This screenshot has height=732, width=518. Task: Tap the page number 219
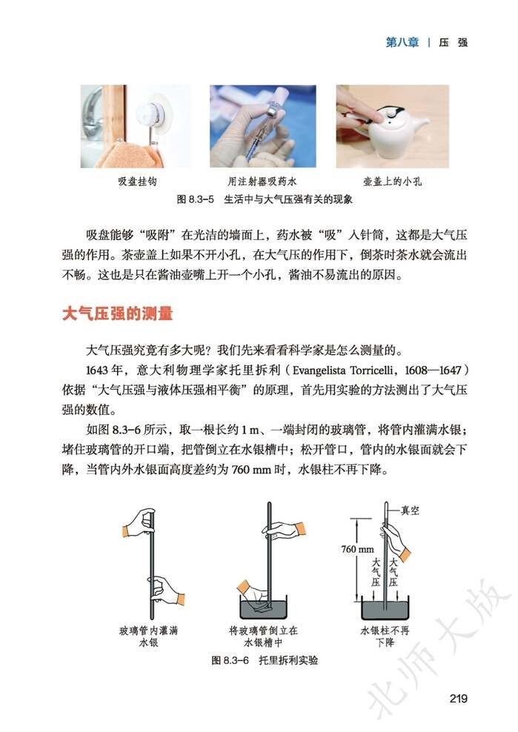(457, 697)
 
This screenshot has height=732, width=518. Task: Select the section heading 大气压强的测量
(116, 314)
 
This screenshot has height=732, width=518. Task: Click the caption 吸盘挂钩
(136, 181)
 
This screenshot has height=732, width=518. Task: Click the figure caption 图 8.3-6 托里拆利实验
(264, 659)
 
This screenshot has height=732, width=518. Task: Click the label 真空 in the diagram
(411, 510)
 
